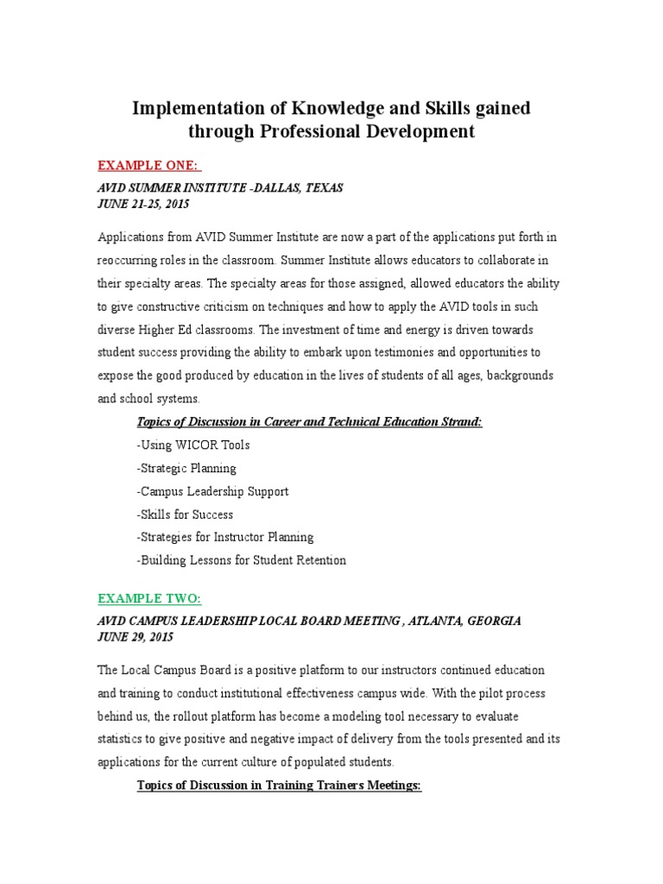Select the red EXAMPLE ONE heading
[149, 165]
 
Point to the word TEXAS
[322, 187]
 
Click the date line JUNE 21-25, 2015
[143, 205]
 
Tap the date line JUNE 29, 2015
[136, 637]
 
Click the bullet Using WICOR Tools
[193, 445]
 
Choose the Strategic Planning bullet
[186, 468]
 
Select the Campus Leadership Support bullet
[212, 491]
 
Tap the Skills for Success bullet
[185, 515]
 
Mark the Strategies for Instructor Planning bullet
[224, 537]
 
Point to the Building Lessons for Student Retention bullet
[241, 560]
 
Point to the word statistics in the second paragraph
[125, 740]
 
